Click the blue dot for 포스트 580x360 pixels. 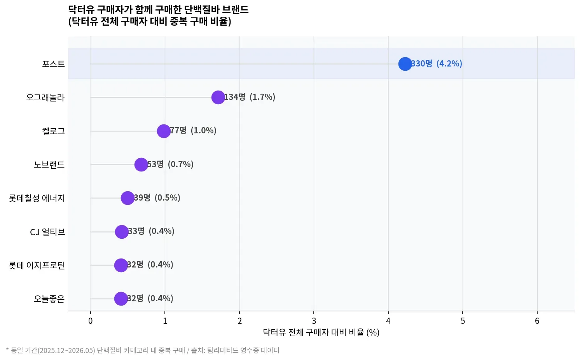[405, 64]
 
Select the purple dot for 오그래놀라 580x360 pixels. [218, 97]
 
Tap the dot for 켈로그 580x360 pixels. [164, 131]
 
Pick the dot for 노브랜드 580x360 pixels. [141, 164]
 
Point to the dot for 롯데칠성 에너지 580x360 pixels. [128, 198]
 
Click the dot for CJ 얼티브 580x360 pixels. [122, 232]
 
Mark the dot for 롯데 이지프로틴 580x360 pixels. [121, 265]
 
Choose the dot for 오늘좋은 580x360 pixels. [121, 299]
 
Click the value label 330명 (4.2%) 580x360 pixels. [437, 63]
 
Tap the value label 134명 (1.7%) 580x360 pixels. [250, 97]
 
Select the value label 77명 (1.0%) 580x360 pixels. [193, 130]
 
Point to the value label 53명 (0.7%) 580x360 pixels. [170, 164]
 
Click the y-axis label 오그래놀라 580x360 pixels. [45, 98]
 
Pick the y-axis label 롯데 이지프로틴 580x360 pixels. [37, 266]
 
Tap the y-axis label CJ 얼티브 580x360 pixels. [47, 232]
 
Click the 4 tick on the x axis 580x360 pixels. [388, 321]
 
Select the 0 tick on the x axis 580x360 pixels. [90, 321]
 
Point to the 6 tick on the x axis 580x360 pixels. [537, 321]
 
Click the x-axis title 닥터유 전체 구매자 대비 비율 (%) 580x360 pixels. [321, 332]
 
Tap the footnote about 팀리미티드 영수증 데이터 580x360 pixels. [143, 350]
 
